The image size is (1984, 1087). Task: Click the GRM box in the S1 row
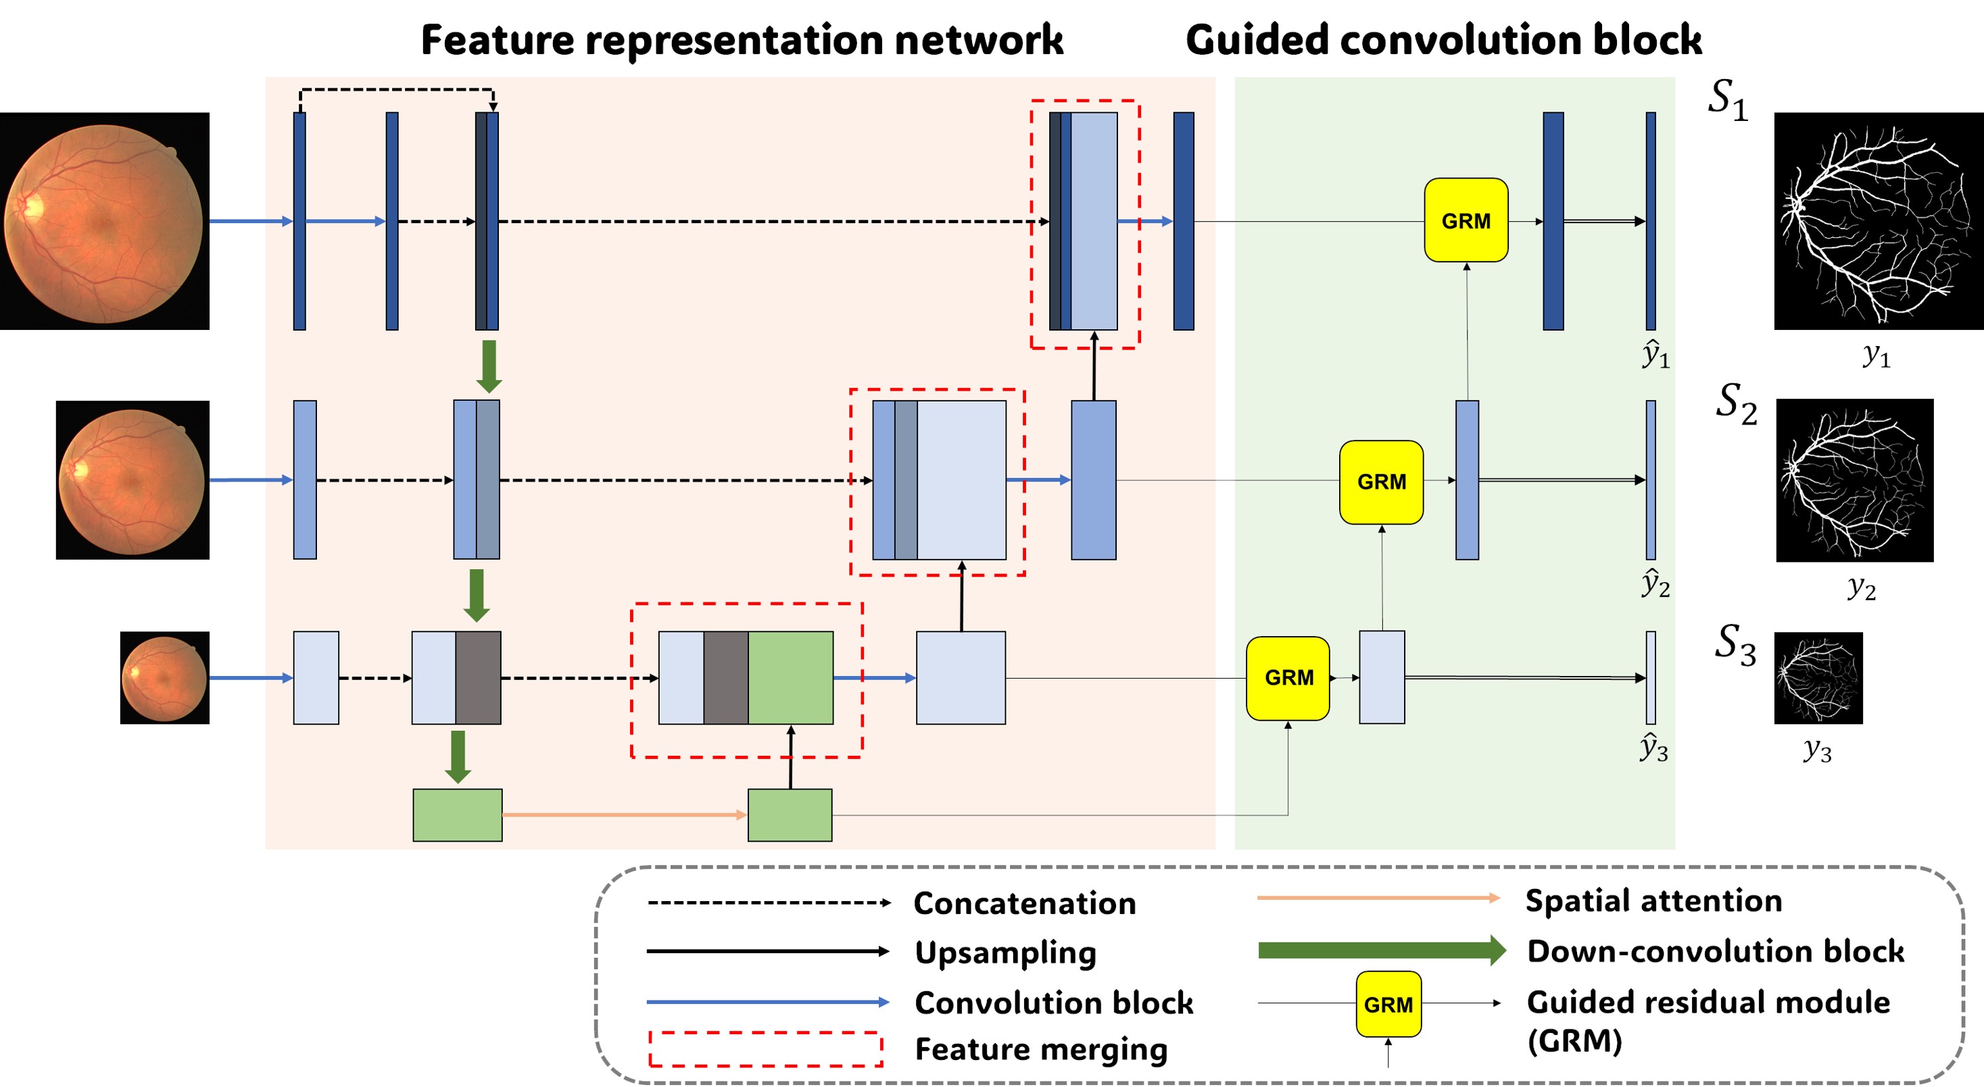(1466, 220)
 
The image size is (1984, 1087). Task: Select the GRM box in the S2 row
(1381, 482)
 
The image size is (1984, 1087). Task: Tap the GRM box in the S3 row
(1288, 678)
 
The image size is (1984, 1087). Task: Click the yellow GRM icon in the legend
(1388, 1004)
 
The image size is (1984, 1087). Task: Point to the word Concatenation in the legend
(1024, 903)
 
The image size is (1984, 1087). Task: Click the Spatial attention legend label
(1653, 900)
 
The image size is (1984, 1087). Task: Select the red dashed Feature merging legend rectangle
(766, 1049)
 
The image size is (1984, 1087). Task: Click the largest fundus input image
(105, 221)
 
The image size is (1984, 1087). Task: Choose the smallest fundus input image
(164, 678)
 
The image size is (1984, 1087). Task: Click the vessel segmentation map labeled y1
(1879, 221)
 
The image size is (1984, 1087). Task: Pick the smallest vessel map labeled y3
(1818, 678)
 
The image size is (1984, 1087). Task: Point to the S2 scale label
(1735, 403)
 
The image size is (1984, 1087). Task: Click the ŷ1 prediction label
(1655, 355)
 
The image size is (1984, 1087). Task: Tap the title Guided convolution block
(1443, 40)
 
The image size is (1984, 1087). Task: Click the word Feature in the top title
(498, 40)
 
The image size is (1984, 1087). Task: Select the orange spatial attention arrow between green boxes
(624, 815)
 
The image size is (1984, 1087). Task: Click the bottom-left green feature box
(458, 815)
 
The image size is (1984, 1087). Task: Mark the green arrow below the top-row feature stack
(488, 366)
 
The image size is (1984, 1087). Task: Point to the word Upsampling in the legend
(1005, 952)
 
